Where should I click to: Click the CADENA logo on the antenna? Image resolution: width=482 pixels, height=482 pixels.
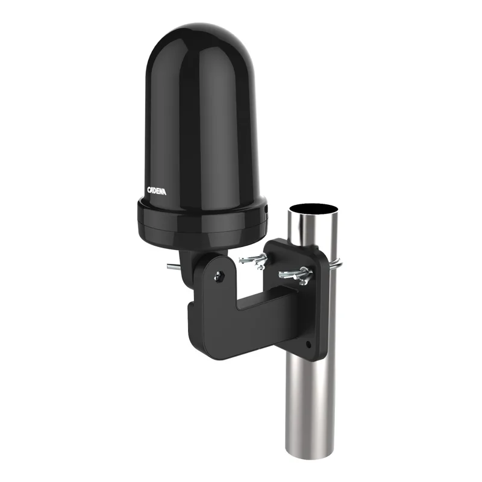(x=157, y=191)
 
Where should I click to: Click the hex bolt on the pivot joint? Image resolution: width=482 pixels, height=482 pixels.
(x=219, y=276)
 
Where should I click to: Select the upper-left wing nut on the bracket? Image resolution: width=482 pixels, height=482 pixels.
(x=254, y=260)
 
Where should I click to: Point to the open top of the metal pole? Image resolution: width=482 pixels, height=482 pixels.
(x=313, y=209)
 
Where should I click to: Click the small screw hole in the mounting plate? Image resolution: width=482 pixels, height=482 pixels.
(x=308, y=345)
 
